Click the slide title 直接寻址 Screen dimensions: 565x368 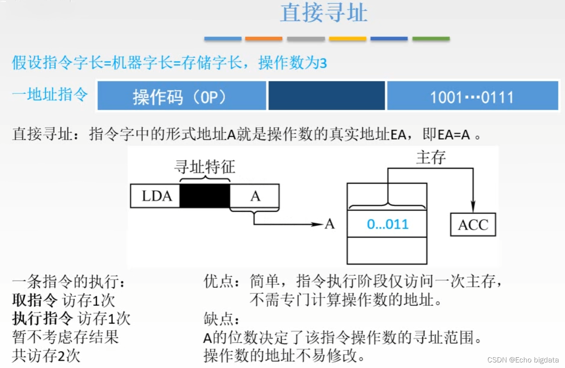point(324,13)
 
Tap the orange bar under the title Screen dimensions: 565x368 point(264,39)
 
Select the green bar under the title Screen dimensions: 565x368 point(431,39)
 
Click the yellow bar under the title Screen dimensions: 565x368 point(348,39)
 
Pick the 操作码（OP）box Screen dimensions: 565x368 point(182,96)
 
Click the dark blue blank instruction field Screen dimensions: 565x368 point(326,96)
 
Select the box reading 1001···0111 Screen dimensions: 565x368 point(472,96)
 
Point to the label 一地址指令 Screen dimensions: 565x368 point(50,94)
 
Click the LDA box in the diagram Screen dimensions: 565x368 point(155,196)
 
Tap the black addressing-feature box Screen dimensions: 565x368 point(205,196)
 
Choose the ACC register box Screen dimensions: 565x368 point(473,225)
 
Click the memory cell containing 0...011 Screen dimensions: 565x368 point(387,224)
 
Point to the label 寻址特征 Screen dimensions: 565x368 point(205,167)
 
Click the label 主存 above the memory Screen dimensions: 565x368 point(431,158)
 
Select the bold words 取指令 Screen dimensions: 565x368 point(35,301)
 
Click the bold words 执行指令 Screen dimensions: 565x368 point(43,318)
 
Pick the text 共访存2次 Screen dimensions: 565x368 point(46,356)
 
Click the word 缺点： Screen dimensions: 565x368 point(222,319)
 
